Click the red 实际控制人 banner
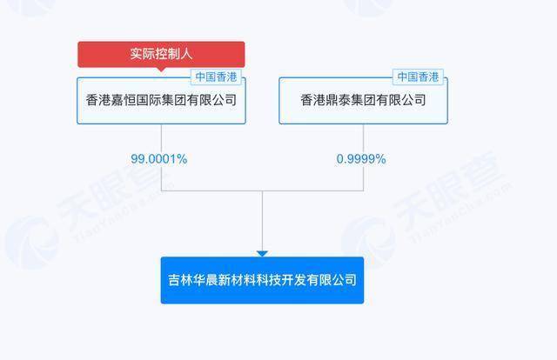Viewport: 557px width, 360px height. (161, 54)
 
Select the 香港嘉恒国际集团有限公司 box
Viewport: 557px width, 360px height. (161, 101)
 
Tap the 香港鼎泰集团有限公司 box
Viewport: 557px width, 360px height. (363, 101)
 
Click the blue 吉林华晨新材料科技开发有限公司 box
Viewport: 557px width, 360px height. (262, 280)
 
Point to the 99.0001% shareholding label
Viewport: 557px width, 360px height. (158, 159)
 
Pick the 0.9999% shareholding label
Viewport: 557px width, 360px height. (361, 159)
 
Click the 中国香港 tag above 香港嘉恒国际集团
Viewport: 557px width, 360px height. (216, 77)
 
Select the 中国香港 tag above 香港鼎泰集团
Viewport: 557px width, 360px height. (418, 77)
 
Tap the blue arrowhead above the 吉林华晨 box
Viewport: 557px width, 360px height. (262, 254)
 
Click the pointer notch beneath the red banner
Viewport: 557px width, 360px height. (161, 70)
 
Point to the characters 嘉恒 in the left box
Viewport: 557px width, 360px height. (124, 100)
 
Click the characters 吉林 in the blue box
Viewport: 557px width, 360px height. (180, 280)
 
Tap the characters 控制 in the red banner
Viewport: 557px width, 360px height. (161, 54)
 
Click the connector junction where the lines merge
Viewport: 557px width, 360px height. (262, 191)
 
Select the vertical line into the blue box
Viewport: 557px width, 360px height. (262, 221)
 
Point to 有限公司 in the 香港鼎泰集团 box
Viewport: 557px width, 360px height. (401, 100)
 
